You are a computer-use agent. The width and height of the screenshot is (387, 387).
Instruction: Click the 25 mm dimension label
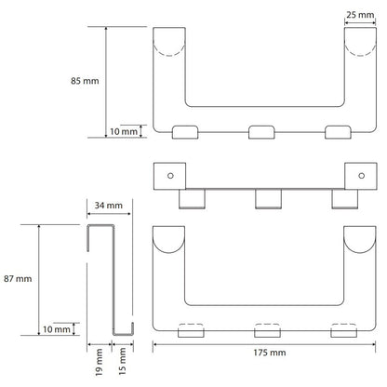360,15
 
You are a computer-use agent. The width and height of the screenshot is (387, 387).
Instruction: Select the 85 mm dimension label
85,81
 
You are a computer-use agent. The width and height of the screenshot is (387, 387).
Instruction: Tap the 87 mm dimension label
18,279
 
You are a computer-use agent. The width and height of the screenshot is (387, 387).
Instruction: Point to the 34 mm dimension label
109,206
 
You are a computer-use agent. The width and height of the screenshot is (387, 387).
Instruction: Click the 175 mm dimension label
270,353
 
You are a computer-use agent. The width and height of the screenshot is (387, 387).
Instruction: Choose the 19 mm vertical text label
99,362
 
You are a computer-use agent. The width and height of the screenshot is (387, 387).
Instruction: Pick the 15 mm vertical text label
123,361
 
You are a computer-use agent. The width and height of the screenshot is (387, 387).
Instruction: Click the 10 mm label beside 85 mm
124,131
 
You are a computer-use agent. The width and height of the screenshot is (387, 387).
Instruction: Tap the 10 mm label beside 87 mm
57,329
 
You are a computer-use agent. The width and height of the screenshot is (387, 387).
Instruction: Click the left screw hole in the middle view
170,176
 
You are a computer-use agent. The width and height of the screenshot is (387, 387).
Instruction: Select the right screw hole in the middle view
361,176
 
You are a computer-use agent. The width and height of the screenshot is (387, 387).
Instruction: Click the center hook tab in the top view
261,132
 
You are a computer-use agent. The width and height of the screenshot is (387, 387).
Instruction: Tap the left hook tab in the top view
185,132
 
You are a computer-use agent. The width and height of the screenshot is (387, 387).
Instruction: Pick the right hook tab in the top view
338,132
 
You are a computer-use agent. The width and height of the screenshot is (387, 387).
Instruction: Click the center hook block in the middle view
268,199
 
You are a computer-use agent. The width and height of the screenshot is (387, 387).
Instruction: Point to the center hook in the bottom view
267,330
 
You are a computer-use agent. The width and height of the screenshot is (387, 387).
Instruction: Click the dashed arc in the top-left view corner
169,48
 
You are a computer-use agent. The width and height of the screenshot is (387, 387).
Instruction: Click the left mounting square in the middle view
169,176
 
